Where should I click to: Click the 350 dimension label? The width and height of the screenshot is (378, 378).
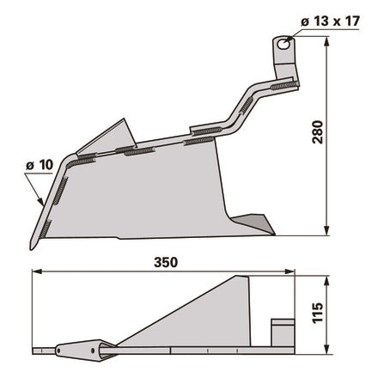point(166,262)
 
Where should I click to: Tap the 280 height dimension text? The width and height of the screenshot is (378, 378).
point(318,132)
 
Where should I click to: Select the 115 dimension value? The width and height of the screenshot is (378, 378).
point(318,314)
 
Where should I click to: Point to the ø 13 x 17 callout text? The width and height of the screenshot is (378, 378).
point(330,21)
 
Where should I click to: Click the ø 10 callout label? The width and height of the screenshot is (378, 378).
point(40,165)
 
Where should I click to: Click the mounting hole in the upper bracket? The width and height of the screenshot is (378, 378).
point(283,45)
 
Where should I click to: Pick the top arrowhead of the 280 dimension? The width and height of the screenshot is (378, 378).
point(326,41)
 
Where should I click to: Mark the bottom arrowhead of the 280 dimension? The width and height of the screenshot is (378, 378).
point(326,231)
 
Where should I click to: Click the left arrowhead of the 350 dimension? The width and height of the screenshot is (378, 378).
point(37,271)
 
